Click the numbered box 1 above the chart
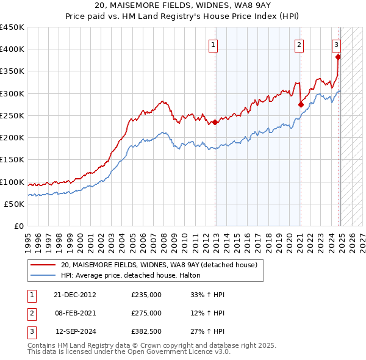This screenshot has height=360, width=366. (213, 44)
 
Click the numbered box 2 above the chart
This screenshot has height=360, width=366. (300, 44)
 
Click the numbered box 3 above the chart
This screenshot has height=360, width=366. (336, 44)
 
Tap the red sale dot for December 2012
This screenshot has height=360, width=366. (215, 122)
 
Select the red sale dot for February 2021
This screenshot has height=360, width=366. (301, 104)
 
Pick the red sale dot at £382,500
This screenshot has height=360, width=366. (338, 57)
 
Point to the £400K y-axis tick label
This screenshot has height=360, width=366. (12, 49)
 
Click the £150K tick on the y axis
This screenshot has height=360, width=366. (12, 160)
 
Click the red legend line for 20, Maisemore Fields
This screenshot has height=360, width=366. (43, 265)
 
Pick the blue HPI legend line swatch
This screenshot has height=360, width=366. (43, 276)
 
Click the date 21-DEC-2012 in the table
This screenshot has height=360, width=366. (75, 295)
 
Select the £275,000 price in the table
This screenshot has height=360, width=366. (146, 313)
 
